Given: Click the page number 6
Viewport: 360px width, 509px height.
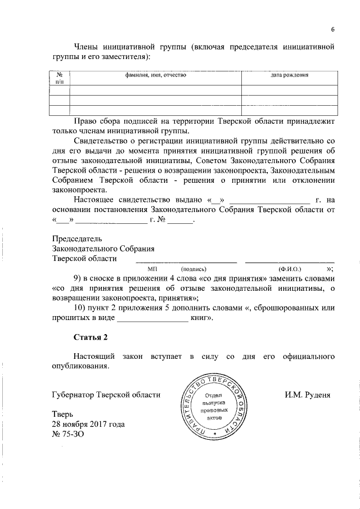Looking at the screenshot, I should [x=332, y=30].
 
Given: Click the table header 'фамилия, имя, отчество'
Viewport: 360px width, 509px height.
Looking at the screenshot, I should [x=156, y=75].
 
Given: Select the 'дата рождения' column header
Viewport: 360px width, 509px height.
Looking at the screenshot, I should [x=290, y=75].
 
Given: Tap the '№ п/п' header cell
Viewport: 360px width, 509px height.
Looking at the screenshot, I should [x=59, y=78].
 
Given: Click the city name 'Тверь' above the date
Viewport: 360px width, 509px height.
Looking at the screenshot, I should [x=63, y=415].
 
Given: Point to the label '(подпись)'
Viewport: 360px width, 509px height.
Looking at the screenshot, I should [x=193, y=269].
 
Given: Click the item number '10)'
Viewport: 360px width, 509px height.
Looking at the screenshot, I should [x=82, y=308].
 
